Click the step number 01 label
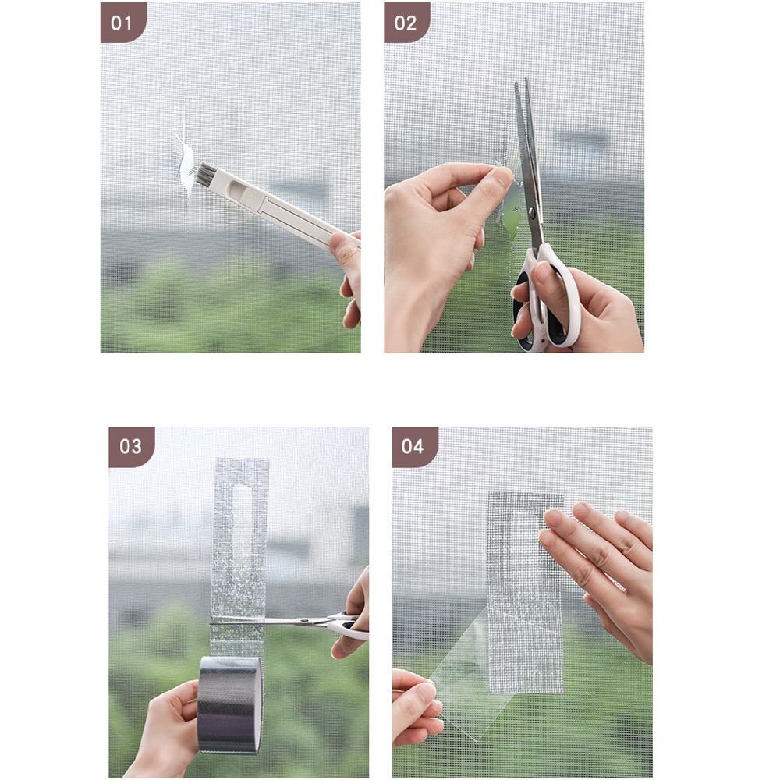tap(122, 23)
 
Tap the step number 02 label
tap(406, 23)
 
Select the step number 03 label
tap(131, 446)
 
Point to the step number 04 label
tap(413, 446)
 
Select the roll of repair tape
tap(229, 704)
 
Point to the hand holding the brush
tap(348, 269)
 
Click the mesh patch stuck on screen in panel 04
tap(524, 593)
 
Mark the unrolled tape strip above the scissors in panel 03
tap(240, 538)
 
